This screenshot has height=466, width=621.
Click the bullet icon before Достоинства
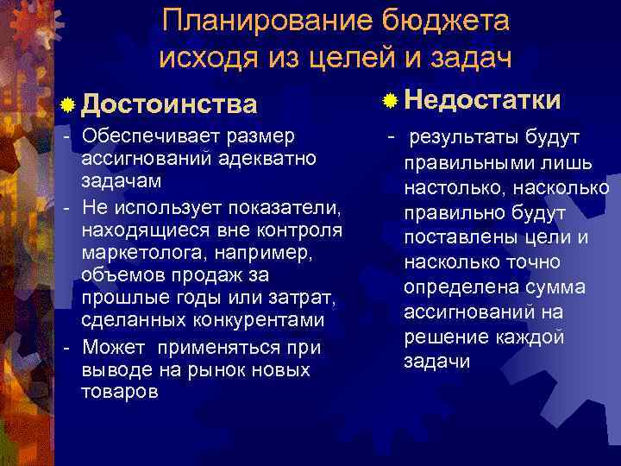tap(68, 105)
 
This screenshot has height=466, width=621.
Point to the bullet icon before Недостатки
tap(391, 101)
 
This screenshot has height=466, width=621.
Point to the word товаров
tap(119, 392)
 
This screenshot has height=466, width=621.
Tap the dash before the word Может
tap(67, 347)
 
